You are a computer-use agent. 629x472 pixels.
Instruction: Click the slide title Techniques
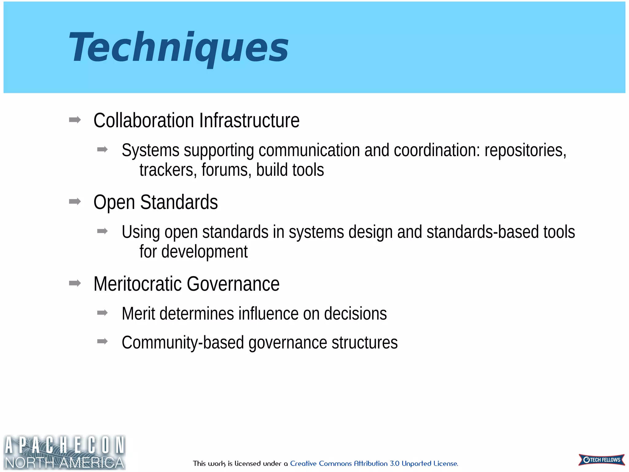point(178,48)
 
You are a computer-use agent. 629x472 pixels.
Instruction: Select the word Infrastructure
point(249,120)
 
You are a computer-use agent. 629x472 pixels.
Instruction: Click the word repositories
point(525,151)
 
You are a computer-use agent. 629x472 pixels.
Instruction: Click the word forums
point(226,170)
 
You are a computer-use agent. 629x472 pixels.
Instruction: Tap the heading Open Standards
point(155,202)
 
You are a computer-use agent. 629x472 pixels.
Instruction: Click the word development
point(204,252)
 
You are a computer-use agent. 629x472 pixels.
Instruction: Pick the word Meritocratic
point(138,284)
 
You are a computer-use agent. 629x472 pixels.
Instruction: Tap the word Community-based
point(183,343)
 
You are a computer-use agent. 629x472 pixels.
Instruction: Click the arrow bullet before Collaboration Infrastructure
point(75,120)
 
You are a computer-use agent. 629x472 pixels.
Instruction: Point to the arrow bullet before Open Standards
point(75,202)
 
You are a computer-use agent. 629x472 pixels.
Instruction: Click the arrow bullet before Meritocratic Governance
point(75,283)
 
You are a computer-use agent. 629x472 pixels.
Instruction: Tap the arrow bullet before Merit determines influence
point(102,313)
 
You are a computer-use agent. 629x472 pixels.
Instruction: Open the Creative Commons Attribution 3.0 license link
point(374,463)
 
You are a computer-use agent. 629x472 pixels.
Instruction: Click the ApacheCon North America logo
point(64,452)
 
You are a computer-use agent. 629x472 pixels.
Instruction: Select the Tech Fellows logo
point(601,460)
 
